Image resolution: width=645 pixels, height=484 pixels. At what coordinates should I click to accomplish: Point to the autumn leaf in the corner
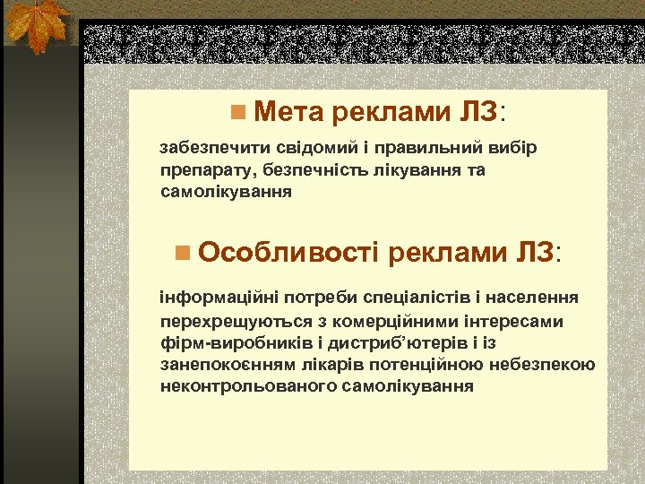click(x=37, y=26)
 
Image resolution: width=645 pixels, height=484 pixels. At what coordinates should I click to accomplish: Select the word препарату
click(x=201, y=170)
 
